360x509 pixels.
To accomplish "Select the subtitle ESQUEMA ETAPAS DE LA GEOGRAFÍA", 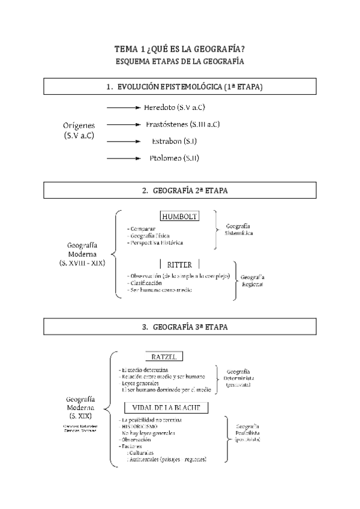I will (179, 61).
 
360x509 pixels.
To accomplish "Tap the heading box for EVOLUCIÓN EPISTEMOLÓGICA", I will (179, 87).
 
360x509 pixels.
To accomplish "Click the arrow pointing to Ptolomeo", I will (127, 158).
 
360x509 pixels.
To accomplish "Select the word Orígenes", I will (79, 125).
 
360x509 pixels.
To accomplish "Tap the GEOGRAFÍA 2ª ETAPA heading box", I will (179, 190).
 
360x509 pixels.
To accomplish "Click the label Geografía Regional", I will (252, 281).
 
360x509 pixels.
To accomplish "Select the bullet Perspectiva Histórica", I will (155, 242).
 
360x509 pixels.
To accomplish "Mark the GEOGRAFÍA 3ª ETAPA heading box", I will (179, 327).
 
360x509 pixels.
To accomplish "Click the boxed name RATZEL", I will (163, 357).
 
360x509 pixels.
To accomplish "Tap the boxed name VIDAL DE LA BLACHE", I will (166, 408).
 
